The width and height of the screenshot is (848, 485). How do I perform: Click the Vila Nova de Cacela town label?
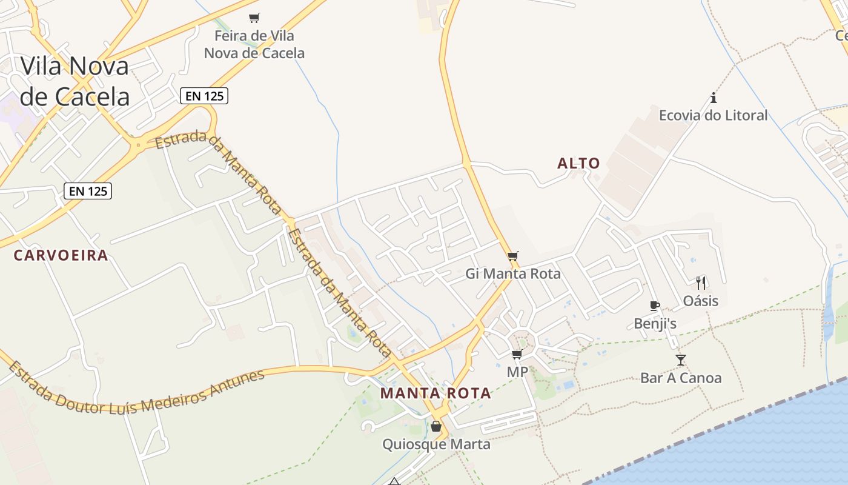click(x=75, y=81)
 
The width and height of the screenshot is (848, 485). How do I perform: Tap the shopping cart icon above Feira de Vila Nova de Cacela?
click(x=254, y=18)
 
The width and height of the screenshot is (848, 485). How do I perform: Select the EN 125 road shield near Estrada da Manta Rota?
click(x=204, y=95)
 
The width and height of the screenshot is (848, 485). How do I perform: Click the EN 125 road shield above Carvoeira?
click(x=88, y=191)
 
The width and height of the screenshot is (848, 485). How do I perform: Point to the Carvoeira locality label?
click(x=61, y=255)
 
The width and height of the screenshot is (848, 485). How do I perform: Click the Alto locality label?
click(x=578, y=163)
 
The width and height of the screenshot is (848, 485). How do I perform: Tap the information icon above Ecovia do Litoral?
click(x=714, y=98)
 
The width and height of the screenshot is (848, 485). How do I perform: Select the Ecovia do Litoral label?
click(x=713, y=115)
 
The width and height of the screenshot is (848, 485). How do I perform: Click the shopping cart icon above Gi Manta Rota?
click(x=513, y=256)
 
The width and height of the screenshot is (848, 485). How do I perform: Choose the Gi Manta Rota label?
click(x=513, y=274)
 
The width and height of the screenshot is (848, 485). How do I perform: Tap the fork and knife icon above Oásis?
click(x=701, y=283)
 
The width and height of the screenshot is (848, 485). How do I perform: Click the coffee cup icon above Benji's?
click(x=654, y=306)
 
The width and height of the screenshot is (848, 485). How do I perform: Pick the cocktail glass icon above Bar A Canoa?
click(x=681, y=360)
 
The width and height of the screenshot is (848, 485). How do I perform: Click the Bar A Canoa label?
click(x=681, y=378)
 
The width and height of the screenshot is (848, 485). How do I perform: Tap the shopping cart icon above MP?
click(x=517, y=354)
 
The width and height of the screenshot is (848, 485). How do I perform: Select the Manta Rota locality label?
click(x=436, y=393)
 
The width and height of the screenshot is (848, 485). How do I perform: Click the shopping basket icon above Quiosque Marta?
click(x=436, y=426)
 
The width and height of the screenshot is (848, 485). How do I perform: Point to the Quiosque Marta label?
click(x=436, y=444)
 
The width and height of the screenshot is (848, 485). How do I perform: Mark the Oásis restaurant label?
click(x=701, y=301)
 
